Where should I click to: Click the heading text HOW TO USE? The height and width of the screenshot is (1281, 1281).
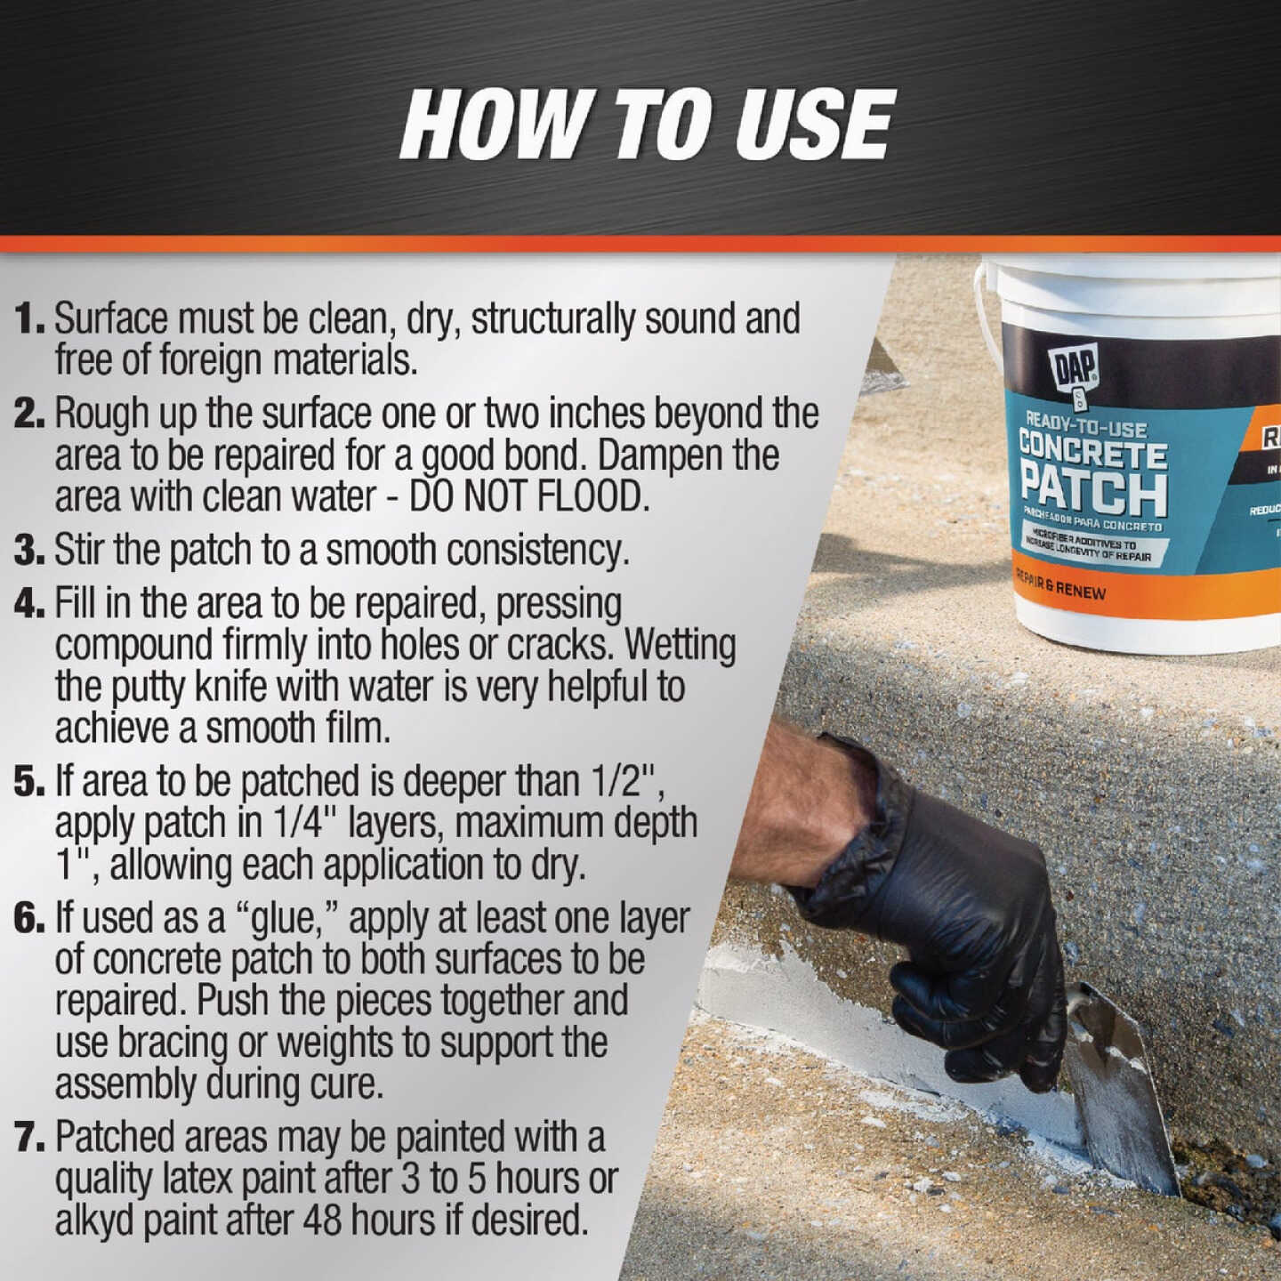(x=647, y=125)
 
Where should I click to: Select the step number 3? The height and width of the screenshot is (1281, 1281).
(x=28, y=551)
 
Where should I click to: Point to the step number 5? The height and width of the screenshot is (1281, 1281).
(x=28, y=782)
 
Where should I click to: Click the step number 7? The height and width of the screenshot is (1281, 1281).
(x=28, y=1138)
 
